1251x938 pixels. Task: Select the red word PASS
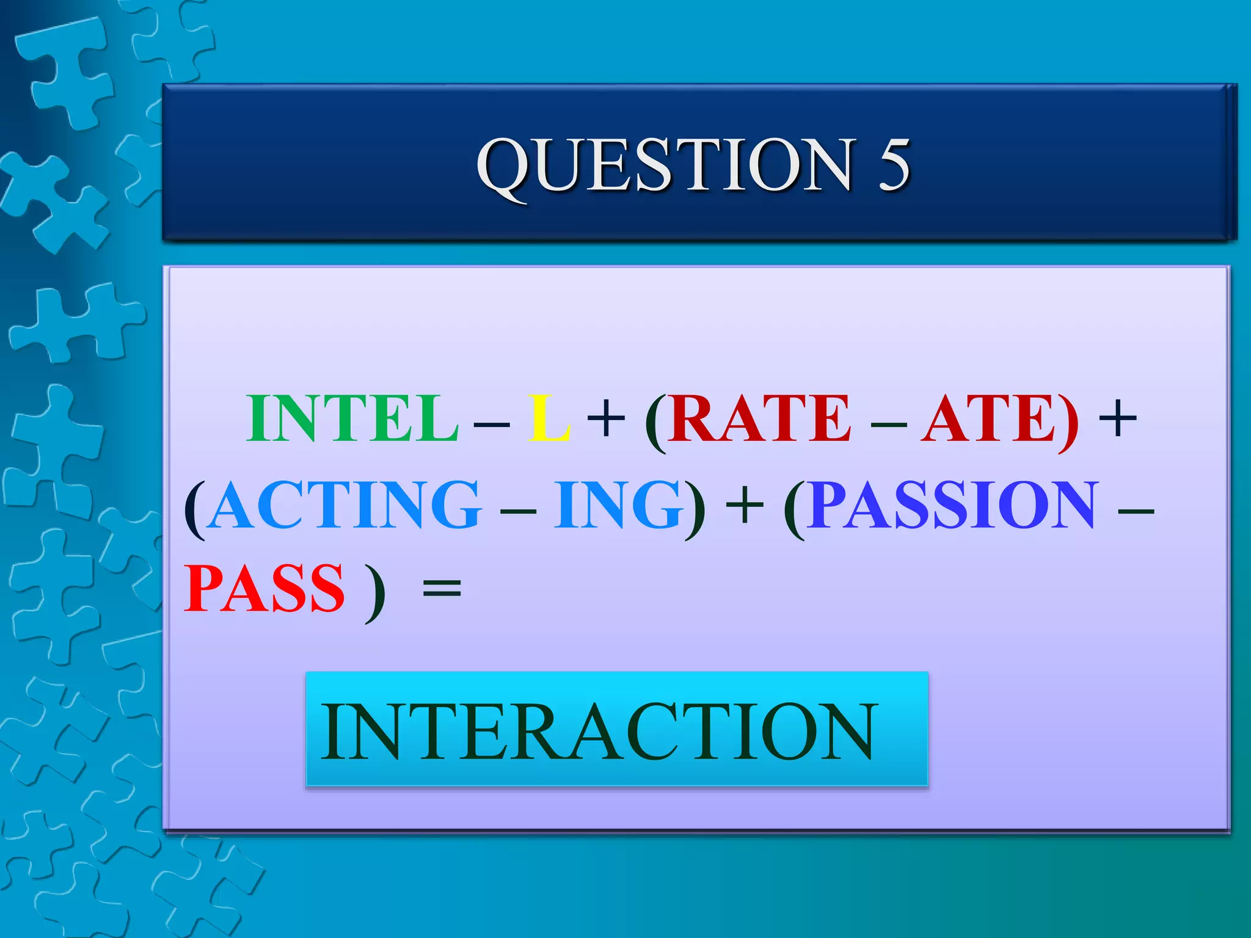tap(264, 589)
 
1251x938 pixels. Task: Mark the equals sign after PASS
tap(442, 590)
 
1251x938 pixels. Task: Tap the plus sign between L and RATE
tap(605, 420)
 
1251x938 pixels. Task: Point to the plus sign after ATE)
tap(1117, 420)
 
